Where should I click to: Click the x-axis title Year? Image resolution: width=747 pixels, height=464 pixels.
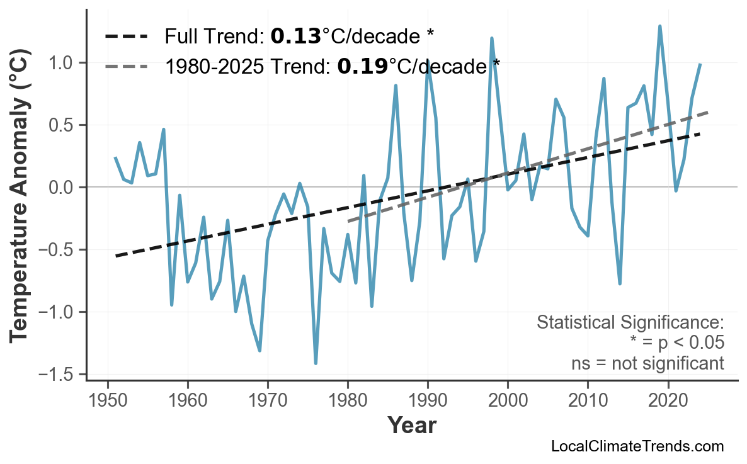[x=411, y=426]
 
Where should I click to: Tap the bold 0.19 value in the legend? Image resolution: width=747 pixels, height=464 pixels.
[x=362, y=65]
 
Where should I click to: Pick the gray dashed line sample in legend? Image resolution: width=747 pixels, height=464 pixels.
[x=126, y=65]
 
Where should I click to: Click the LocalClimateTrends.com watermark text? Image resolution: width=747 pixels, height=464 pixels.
[x=637, y=447]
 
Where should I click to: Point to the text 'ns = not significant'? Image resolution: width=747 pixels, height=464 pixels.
[x=647, y=364]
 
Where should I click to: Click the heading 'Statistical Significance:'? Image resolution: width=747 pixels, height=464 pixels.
[x=630, y=323]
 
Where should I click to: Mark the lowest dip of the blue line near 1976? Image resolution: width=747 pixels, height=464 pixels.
[x=316, y=363]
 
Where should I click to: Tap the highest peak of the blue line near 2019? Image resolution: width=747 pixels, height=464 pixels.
[x=659, y=26]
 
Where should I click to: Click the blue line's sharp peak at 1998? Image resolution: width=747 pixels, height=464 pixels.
[x=491, y=38]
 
